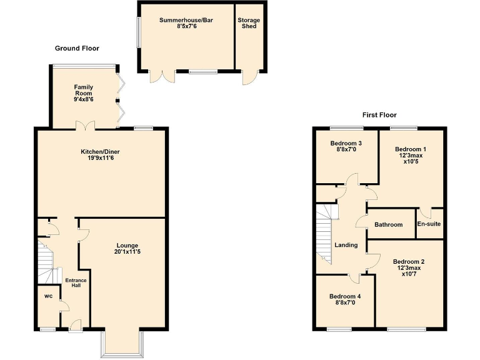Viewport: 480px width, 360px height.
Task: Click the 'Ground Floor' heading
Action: [x=77, y=48]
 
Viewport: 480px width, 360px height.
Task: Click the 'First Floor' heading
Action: [x=379, y=115]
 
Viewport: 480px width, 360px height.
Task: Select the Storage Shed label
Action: [x=248, y=23]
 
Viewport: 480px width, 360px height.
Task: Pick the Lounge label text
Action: [x=127, y=245]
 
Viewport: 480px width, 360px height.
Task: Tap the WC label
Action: [x=48, y=296]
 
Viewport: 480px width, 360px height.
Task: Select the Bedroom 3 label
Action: [x=346, y=143]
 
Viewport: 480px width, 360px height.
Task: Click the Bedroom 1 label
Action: [x=411, y=149]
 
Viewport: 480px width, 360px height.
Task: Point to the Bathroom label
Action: [x=388, y=224]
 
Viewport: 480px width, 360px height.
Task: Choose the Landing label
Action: [x=346, y=245]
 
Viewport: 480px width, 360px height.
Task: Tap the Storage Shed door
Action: [x=250, y=77]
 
